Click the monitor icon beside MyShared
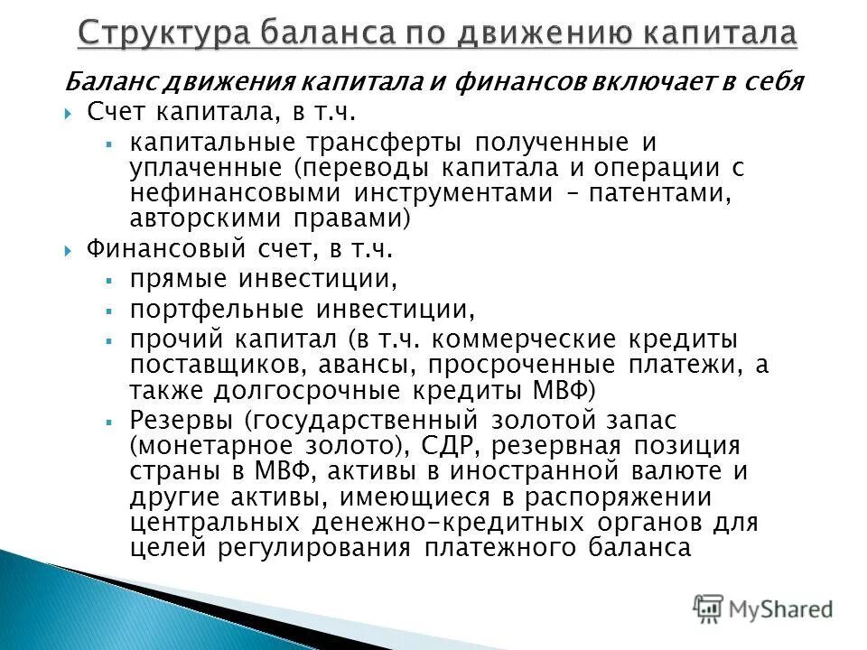(x=709, y=608)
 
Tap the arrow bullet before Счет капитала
(x=70, y=114)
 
